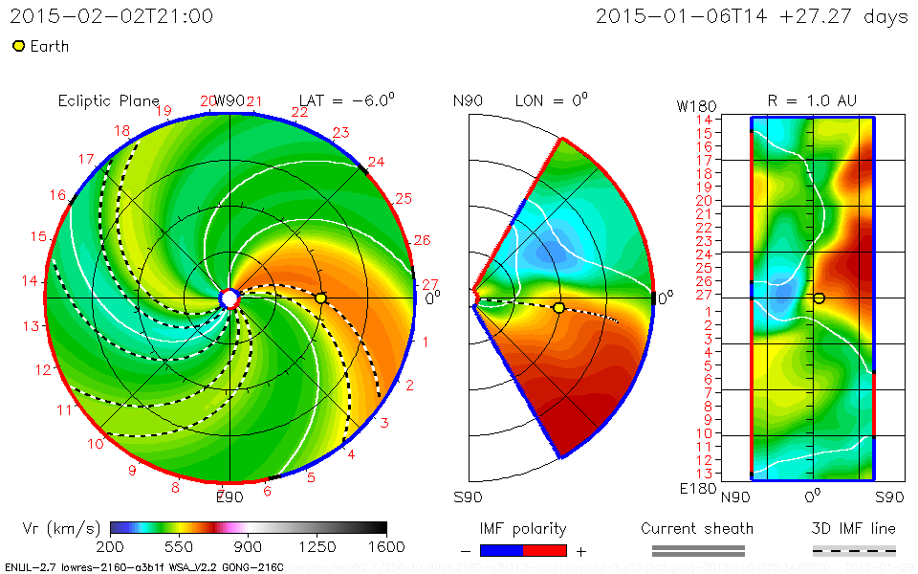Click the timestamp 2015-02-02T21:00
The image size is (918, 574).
(x=112, y=16)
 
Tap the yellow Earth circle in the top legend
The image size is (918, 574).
(x=18, y=46)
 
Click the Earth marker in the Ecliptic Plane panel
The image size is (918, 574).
(x=320, y=298)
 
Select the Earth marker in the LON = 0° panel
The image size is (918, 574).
(x=558, y=307)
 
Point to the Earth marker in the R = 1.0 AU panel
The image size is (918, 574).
(x=819, y=298)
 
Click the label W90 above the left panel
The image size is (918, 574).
(x=230, y=101)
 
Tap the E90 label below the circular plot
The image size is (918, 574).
(x=229, y=497)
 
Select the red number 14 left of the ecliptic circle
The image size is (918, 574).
(x=31, y=280)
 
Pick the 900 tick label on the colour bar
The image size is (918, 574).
(x=249, y=547)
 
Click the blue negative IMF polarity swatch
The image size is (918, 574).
(x=502, y=550)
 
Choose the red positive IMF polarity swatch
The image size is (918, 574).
(x=545, y=550)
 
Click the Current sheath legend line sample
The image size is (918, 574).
(x=697, y=550)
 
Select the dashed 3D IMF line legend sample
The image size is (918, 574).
(x=854, y=550)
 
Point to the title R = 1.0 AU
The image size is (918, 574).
(x=812, y=100)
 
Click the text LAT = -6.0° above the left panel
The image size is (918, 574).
(x=347, y=100)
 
